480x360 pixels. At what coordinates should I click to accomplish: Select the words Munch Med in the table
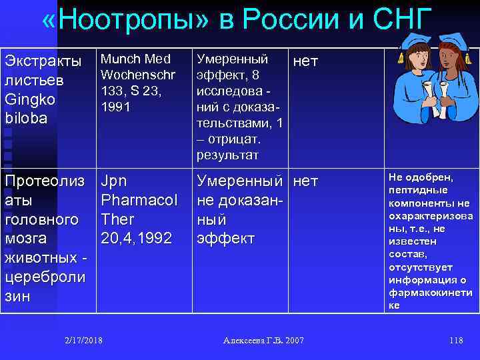[135, 59]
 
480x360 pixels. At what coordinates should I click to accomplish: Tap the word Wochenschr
[138, 75]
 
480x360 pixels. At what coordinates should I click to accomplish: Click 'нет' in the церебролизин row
[305, 181]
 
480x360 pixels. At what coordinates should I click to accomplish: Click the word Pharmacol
[139, 200]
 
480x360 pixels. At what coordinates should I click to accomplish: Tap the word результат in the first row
[227, 155]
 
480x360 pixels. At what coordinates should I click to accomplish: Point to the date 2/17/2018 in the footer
[84, 341]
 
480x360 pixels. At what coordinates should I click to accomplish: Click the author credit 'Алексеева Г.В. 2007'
[263, 341]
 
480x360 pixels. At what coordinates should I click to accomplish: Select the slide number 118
[456, 341]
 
